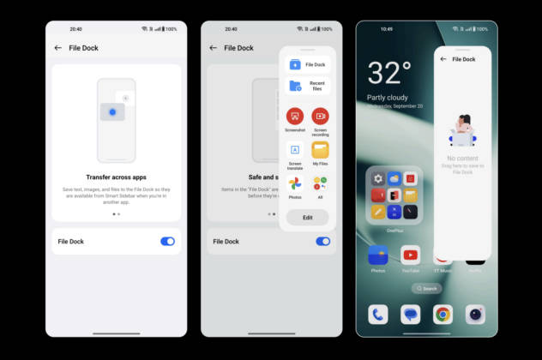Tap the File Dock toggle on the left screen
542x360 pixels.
coord(167,242)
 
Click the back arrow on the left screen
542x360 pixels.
coord(57,48)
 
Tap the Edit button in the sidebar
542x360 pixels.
coord(307,218)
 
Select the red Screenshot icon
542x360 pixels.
coord(295,116)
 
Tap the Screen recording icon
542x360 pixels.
coord(320,116)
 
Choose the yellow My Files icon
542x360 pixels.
coord(320,150)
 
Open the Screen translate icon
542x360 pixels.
coord(295,150)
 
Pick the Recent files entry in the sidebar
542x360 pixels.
coord(307,86)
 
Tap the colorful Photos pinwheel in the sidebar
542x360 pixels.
coord(295,183)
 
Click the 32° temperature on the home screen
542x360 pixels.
coord(388,73)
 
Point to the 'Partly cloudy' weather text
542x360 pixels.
coord(387,97)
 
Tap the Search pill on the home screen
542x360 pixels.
coord(426,288)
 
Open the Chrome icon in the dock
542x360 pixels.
coord(443,315)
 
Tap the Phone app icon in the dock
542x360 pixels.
coord(378,315)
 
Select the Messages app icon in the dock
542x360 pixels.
coord(411,315)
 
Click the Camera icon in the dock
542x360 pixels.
coord(475,315)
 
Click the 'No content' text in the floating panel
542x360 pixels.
coord(463,159)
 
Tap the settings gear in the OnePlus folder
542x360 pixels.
coord(378,178)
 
